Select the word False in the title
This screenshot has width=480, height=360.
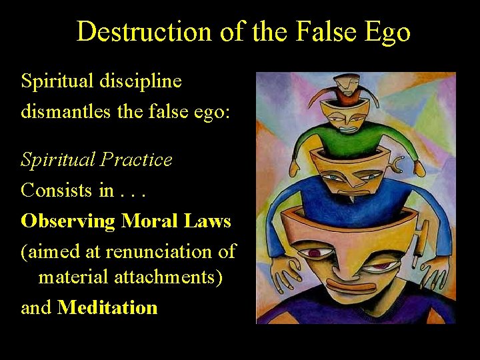pyautogui.click(x=320, y=31)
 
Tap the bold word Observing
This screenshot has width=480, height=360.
pyautogui.click(x=67, y=221)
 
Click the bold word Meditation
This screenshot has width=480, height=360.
pyautogui.click(x=107, y=307)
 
